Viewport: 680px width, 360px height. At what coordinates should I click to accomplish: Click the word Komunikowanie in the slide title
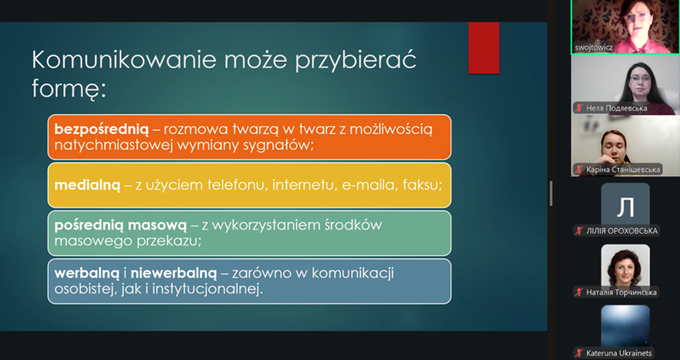click(124, 60)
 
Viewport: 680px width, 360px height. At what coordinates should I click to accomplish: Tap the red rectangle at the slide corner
click(484, 47)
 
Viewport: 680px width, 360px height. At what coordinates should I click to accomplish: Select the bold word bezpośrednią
click(101, 129)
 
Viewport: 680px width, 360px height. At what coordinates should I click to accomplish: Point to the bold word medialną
click(87, 185)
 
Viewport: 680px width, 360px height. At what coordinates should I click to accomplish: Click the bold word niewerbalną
click(173, 273)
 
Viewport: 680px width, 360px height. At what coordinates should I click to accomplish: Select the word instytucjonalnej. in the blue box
click(206, 289)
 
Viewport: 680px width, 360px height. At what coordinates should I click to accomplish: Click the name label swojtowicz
click(593, 47)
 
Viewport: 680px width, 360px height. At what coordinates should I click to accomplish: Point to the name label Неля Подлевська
click(616, 108)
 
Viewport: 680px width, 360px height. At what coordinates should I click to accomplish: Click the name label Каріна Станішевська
click(623, 170)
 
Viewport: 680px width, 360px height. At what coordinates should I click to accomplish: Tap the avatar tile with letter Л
click(626, 204)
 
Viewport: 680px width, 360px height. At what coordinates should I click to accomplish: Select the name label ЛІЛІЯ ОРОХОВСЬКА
click(622, 231)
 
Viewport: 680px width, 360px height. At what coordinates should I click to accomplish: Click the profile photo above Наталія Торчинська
click(626, 266)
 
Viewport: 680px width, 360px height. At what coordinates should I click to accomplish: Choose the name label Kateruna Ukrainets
click(619, 353)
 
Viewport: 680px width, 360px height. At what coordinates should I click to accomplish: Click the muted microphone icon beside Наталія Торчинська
click(579, 292)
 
